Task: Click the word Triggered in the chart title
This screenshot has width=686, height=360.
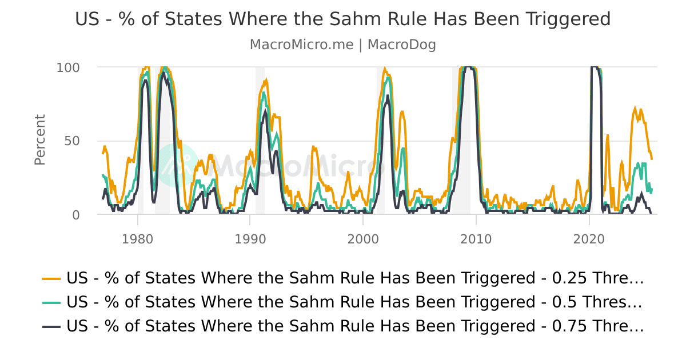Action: point(567,19)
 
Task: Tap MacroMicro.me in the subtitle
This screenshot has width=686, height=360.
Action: point(301,45)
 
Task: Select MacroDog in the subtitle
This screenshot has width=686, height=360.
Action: point(401,45)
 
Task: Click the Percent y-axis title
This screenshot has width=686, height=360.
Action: point(39,140)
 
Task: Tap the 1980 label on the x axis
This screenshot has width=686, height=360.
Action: point(137,238)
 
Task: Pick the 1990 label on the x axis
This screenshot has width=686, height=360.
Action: point(250,238)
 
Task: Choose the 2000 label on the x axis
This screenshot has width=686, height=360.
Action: point(363,238)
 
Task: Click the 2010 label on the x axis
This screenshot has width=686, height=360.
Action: point(476,238)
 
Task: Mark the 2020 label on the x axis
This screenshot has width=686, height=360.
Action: point(589,238)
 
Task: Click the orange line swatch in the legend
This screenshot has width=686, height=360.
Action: point(51,278)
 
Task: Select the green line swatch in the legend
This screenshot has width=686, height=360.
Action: point(51,302)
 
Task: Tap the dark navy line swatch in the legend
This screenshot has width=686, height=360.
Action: point(51,326)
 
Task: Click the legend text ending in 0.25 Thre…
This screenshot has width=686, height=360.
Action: point(355,278)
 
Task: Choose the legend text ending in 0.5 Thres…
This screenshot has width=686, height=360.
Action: point(355,302)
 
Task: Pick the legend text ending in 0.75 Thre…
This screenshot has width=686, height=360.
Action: point(355,326)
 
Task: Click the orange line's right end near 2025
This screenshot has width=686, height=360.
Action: point(652,158)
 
